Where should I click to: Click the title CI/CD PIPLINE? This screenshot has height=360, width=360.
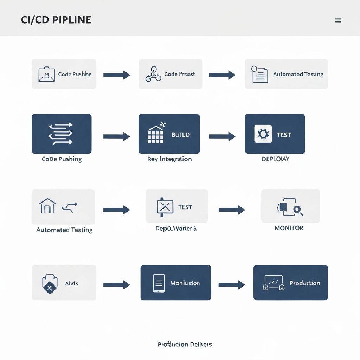coord(56,20)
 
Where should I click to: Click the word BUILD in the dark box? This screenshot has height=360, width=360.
coord(180,135)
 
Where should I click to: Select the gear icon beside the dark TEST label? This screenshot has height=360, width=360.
coord(263,134)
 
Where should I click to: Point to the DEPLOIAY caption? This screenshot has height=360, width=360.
coord(275,159)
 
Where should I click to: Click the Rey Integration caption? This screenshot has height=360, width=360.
coord(169,159)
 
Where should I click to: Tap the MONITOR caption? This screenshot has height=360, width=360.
coord(289,228)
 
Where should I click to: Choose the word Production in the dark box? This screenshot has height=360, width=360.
coord(304,283)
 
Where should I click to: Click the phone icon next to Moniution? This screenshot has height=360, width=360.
coord(159,283)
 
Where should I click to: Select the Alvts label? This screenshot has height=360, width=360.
coord(72,283)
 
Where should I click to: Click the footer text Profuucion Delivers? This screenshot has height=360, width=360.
coord(185,344)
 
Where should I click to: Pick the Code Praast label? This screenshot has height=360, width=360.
coord(179,74)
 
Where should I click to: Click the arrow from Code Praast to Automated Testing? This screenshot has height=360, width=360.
coord(222,75)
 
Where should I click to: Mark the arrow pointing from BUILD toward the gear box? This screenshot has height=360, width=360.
coord(222,136)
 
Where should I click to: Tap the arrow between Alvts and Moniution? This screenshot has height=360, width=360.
coord(116,284)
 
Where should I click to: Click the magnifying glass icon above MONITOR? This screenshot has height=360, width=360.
coord(298,210)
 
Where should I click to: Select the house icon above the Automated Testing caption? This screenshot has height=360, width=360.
coord(48,206)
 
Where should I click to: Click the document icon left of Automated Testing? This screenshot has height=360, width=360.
coord(260,75)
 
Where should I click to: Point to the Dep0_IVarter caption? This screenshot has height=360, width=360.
coord(176,228)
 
